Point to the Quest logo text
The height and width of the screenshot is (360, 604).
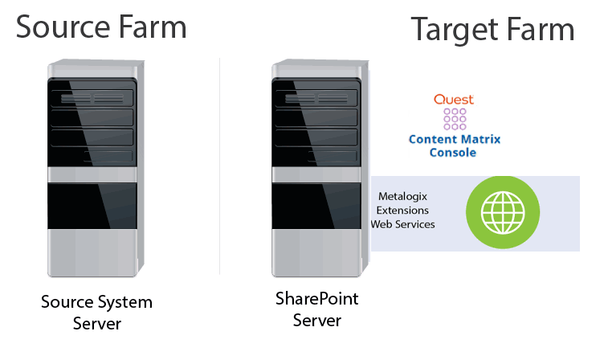(454, 100)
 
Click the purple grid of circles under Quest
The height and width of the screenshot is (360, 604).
(455, 119)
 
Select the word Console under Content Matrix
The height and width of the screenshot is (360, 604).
(454, 152)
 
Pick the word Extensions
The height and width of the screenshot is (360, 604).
(403, 210)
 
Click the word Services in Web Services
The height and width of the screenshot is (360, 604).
(416, 224)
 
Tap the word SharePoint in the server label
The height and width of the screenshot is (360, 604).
(316, 299)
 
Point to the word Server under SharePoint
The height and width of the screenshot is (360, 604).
(316, 321)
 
